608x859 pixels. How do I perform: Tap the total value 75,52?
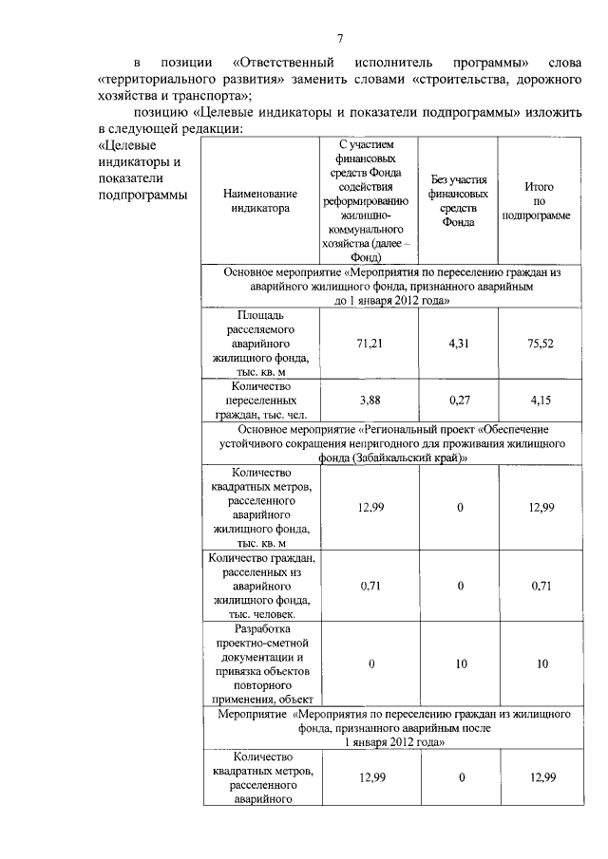(540, 344)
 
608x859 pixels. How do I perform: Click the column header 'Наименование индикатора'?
(259, 201)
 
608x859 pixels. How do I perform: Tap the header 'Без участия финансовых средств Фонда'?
(459, 201)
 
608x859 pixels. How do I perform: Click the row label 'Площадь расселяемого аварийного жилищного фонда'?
(259, 343)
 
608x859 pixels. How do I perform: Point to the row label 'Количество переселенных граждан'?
(259, 400)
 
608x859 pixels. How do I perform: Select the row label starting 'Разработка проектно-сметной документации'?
(259, 663)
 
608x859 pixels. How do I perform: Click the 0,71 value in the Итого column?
(540, 586)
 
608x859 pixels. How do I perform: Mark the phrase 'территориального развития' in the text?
(180, 79)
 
